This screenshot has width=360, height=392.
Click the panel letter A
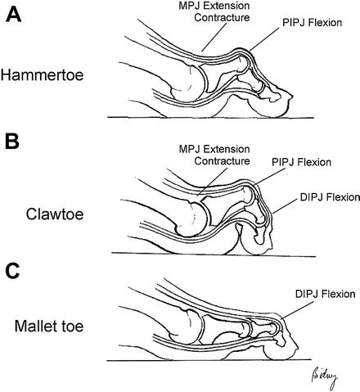pos(14,16)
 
